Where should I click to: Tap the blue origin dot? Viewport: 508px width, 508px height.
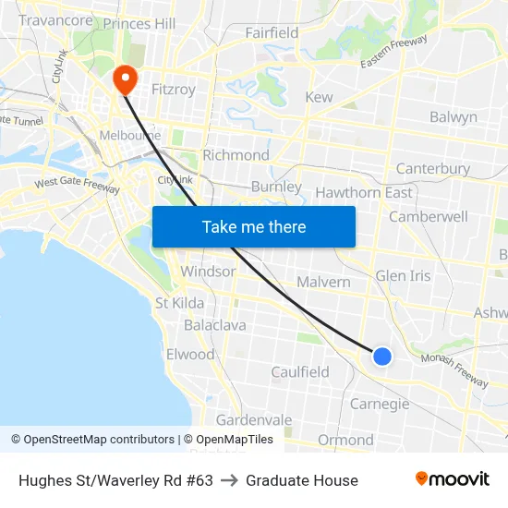tap(381, 357)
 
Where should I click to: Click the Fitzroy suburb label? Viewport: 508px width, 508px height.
tap(173, 90)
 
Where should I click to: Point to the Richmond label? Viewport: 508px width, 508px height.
tap(236, 155)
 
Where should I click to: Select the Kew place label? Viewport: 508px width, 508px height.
tap(319, 97)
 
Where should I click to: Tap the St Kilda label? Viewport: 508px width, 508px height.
tap(179, 303)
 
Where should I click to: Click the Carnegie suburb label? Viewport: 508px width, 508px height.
tap(380, 404)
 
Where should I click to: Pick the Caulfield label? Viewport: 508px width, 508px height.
tap(300, 372)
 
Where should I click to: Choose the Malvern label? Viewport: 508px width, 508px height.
tap(323, 282)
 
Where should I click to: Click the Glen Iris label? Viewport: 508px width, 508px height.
tap(403, 276)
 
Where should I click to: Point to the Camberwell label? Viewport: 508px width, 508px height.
tap(429, 216)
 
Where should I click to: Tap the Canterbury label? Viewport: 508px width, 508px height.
tap(432, 169)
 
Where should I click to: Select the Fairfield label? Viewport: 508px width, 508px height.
tap(272, 33)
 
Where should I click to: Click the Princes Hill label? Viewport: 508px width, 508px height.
tap(139, 23)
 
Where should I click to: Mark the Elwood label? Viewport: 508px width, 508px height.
tap(190, 355)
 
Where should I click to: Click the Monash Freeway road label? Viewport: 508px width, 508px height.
tap(454, 370)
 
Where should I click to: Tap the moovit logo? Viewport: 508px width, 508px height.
tap(452, 479)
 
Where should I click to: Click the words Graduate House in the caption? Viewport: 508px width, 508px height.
tap(302, 480)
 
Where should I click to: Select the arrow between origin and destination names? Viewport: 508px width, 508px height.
tap(229, 480)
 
